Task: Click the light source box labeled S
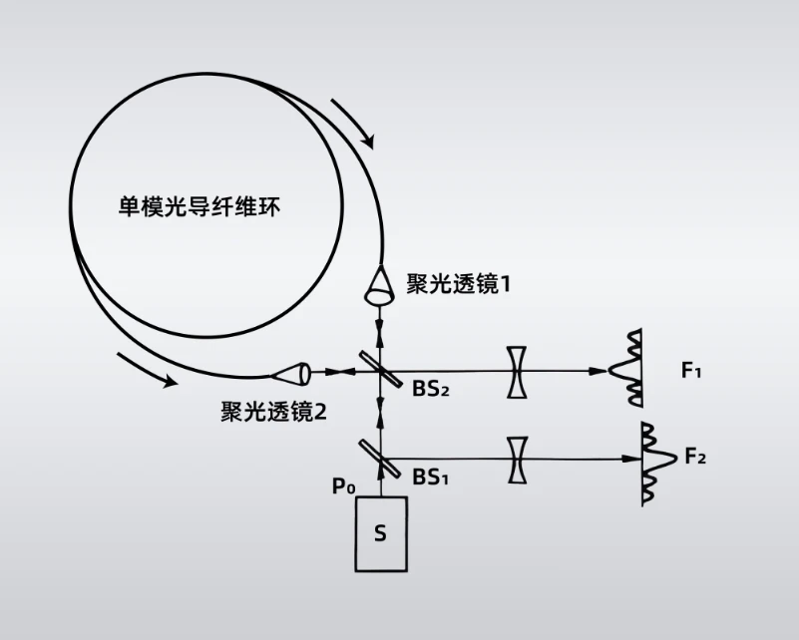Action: coord(380,533)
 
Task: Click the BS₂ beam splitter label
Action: coord(431,388)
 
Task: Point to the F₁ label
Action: coord(692,372)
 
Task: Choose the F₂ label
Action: coord(695,458)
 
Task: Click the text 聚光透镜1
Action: coord(459,284)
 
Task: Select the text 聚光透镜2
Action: coord(274,411)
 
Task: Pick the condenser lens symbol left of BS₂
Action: coord(291,373)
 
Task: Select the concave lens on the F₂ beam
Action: coord(517,460)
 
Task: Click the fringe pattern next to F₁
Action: coord(629,371)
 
